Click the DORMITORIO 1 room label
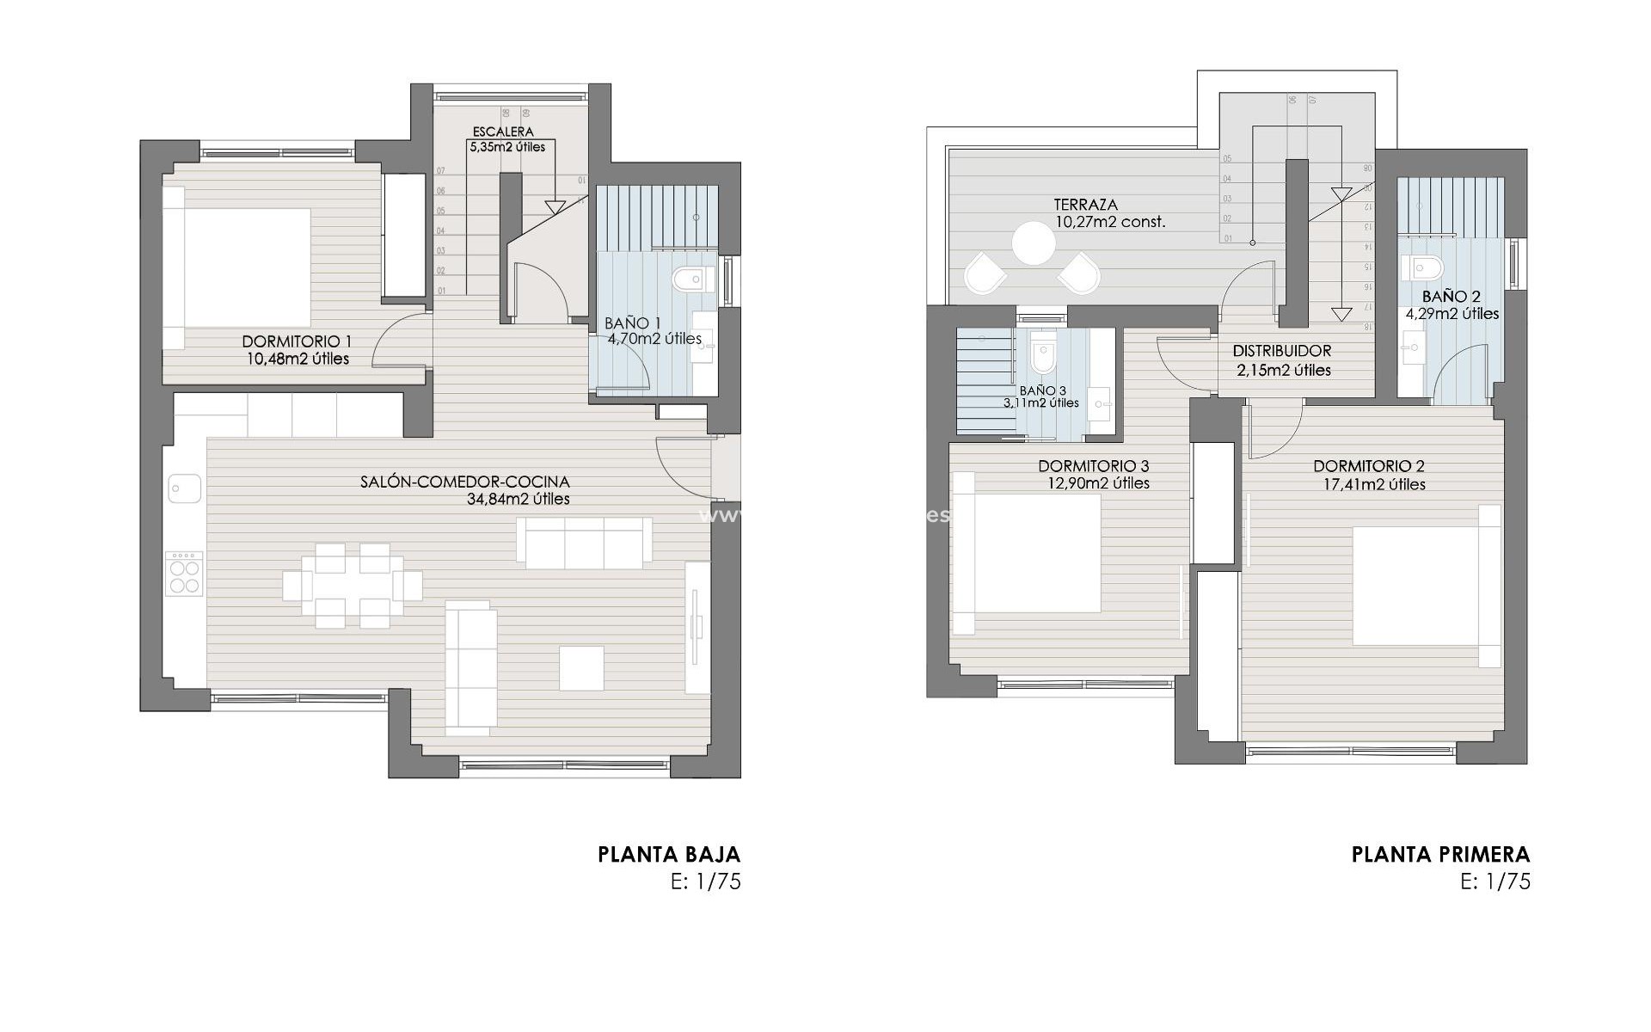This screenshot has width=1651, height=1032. pyautogui.click(x=297, y=341)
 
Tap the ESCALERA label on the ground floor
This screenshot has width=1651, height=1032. pyautogui.click(x=503, y=132)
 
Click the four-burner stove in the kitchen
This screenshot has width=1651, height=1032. pyautogui.click(x=184, y=574)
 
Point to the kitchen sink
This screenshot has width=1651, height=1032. pyautogui.click(x=184, y=488)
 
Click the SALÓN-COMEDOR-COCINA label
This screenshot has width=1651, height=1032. pyautogui.click(x=465, y=482)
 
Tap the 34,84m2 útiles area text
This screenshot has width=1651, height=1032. pyautogui.click(x=513, y=499)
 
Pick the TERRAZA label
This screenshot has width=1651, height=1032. pyautogui.click(x=1086, y=205)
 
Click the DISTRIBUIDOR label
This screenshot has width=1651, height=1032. pyautogui.click(x=1281, y=351)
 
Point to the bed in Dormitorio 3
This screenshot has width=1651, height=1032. pyautogui.click(x=1028, y=553)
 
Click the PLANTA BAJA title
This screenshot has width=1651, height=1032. pyautogui.click(x=669, y=855)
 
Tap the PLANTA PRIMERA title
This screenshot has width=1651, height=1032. pyautogui.click(x=1440, y=855)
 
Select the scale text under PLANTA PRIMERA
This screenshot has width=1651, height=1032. pyautogui.click(x=1495, y=881)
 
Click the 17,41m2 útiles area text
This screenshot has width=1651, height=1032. pyautogui.click(x=1374, y=484)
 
